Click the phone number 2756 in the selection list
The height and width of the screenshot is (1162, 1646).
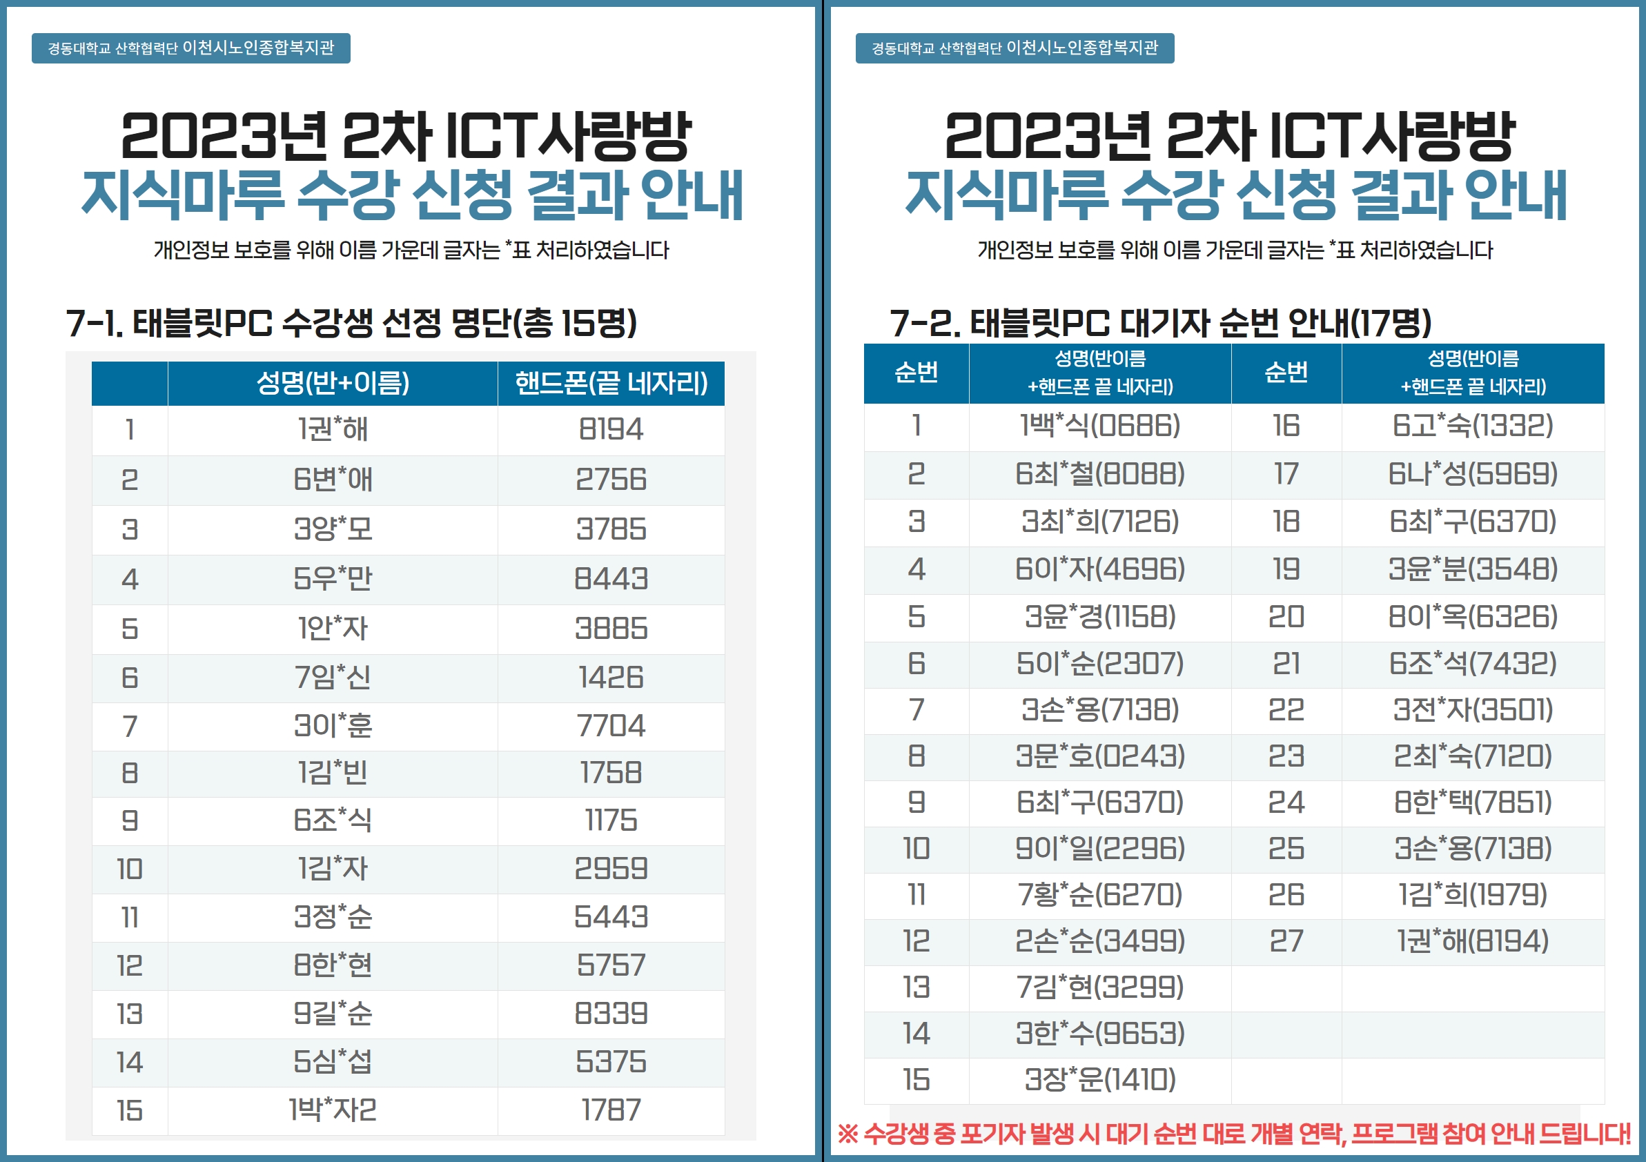pos(611,480)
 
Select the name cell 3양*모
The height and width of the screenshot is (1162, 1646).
pos(333,529)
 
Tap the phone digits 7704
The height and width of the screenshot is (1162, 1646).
pos(611,725)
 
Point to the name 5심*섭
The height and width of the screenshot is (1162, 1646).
pos(333,1062)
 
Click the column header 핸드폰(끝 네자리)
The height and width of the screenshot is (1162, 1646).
pos(611,383)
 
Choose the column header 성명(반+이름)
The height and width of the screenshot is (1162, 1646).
pos(333,383)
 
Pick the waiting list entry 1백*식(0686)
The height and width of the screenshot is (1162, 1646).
pos(1099,426)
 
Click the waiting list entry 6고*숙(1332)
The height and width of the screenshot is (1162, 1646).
pos(1473,426)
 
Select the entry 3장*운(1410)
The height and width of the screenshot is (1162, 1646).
pos(1099,1080)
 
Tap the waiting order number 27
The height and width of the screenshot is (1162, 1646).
pos(1286,941)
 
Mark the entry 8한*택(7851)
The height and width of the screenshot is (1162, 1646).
pos(1473,802)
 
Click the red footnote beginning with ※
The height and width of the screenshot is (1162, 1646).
pos(1234,1134)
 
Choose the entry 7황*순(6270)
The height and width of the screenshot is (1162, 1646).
pos(1099,895)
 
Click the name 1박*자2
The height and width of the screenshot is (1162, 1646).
pos(333,1110)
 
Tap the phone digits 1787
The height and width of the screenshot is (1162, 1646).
pos(611,1110)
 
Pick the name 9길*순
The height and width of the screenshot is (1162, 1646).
pos(333,1014)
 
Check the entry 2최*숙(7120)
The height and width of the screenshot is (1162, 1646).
pos(1473,756)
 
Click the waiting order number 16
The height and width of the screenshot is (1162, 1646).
pos(1286,426)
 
